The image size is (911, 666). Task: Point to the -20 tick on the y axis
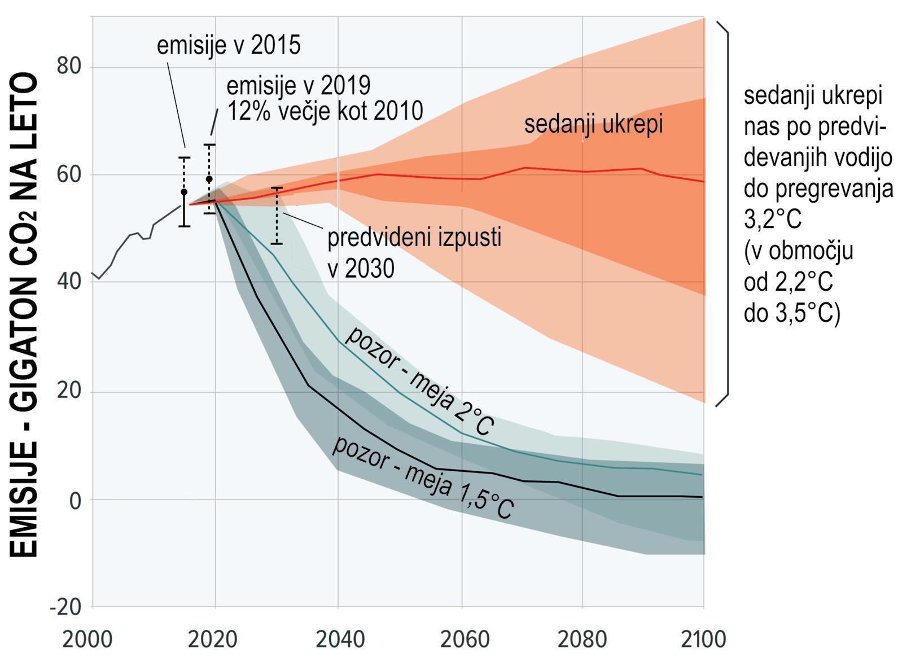pyautogui.click(x=65, y=607)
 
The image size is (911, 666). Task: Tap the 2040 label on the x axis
pyautogui.click(x=338, y=640)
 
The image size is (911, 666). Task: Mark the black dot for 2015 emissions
pyautogui.click(x=184, y=192)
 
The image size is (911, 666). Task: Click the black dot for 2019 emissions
pyautogui.click(x=209, y=179)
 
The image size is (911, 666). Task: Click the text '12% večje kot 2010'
pyautogui.click(x=325, y=111)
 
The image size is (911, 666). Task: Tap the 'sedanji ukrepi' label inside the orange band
pyautogui.click(x=593, y=125)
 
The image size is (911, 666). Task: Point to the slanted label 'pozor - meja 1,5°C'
pyautogui.click(x=423, y=477)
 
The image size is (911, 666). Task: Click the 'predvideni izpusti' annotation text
pyautogui.click(x=414, y=238)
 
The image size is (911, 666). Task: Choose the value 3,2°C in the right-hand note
pyautogui.click(x=773, y=220)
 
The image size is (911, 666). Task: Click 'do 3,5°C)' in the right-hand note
pyautogui.click(x=792, y=312)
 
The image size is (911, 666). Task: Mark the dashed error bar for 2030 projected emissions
pyautogui.click(x=277, y=216)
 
